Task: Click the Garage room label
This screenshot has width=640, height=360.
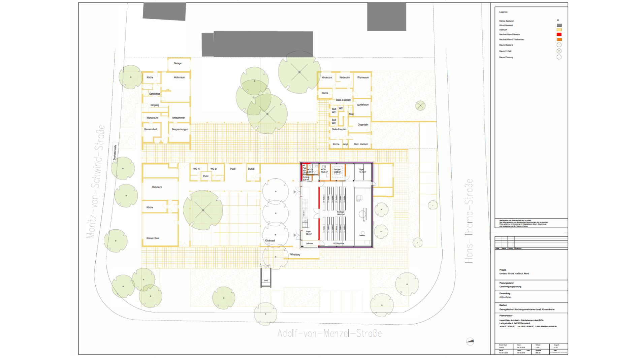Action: (178, 63)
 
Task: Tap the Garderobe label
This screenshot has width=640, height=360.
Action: (155, 94)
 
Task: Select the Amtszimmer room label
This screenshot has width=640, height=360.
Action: (178, 118)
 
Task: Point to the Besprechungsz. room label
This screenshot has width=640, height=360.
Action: (180, 129)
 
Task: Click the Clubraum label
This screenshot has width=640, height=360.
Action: (157, 187)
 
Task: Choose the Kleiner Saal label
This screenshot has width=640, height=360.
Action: (153, 238)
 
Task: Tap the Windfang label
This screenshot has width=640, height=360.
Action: (295, 255)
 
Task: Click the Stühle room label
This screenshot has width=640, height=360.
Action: (251, 169)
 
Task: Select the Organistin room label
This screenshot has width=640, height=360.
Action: (363, 125)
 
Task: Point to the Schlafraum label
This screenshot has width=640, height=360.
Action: (363, 105)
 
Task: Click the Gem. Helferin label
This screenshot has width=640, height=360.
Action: (361, 144)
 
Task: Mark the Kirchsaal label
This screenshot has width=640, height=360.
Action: (270, 241)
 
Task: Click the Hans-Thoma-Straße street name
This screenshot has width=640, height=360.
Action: (469, 221)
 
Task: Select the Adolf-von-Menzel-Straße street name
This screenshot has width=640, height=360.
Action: (329, 333)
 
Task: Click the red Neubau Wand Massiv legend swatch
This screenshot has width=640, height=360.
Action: (559, 34)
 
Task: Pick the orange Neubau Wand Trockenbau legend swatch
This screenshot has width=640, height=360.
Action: (559, 39)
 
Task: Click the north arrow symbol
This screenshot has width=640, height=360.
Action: (470, 341)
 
